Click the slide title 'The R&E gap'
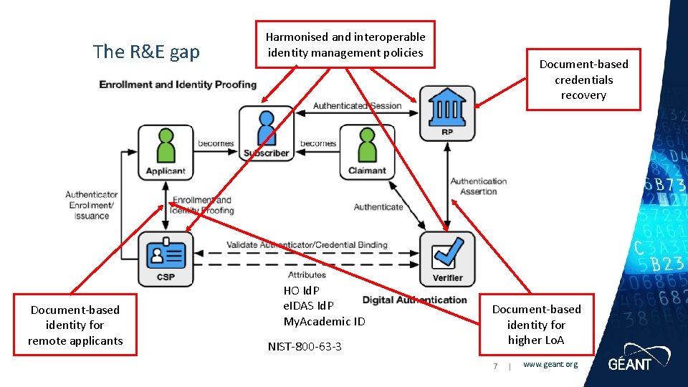point(146,52)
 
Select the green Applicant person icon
point(166,146)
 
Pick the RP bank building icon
point(446,107)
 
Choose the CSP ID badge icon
point(166,254)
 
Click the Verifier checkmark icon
point(447,254)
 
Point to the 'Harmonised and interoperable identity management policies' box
point(345,44)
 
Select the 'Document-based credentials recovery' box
point(583,80)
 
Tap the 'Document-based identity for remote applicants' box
point(75,325)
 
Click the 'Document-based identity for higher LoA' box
point(536,324)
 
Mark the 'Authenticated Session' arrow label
point(357,106)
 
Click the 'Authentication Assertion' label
point(478,186)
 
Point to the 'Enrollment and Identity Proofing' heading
point(178,85)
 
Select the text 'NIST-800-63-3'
point(305,347)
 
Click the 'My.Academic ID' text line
point(324,321)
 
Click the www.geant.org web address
point(550,365)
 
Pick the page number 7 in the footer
point(494,365)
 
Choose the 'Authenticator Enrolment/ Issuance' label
point(91,205)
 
